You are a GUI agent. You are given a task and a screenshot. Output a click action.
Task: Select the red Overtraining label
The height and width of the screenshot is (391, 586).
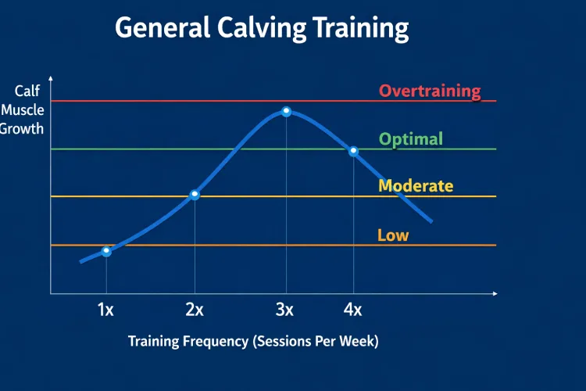(430, 91)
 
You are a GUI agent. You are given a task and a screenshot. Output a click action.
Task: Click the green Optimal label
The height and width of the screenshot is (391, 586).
(411, 139)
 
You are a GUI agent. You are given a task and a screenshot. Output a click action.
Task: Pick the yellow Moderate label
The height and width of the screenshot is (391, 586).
(416, 186)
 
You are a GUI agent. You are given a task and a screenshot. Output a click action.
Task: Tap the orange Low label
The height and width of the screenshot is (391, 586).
(393, 235)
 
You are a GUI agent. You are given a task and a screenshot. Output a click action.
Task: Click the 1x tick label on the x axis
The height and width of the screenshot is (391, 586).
(105, 310)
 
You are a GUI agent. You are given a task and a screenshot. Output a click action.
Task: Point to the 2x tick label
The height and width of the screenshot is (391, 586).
(195, 310)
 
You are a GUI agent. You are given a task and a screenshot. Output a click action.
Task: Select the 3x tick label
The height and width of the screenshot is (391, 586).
(284, 310)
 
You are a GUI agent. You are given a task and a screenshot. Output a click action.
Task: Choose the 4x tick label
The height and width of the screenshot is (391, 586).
(352, 310)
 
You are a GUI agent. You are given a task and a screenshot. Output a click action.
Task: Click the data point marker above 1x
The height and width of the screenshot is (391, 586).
(106, 251)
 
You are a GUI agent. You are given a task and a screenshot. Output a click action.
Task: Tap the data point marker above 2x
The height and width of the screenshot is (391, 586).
(195, 194)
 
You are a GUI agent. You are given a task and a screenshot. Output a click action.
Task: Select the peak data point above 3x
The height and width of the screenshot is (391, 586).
(286, 112)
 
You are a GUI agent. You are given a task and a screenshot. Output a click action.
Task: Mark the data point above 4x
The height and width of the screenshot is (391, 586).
(353, 151)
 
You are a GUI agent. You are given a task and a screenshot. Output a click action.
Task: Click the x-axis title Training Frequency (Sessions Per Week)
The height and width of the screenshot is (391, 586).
(253, 342)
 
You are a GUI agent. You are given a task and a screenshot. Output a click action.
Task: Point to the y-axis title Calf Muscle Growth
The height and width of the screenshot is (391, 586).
(23, 110)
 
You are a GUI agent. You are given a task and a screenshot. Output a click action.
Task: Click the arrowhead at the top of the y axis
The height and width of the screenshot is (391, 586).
(51, 78)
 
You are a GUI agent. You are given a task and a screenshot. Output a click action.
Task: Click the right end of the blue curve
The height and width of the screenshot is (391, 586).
(431, 222)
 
